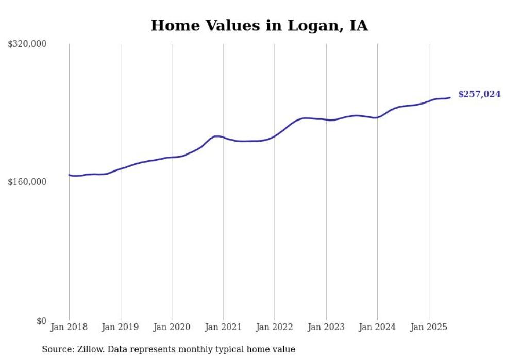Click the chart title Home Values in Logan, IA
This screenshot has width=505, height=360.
(x=259, y=26)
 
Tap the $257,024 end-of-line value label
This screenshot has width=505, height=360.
(x=479, y=94)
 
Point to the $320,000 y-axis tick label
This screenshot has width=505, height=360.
(x=27, y=44)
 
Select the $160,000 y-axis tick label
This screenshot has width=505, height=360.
(x=27, y=182)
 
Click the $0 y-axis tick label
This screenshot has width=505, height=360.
(x=41, y=321)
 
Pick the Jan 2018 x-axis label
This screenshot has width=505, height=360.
(x=69, y=327)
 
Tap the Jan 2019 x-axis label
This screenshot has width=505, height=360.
(x=121, y=327)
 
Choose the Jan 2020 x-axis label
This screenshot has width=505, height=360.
(x=172, y=327)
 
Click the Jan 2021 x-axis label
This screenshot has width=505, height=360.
(x=224, y=327)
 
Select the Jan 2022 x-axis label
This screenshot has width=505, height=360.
(x=275, y=327)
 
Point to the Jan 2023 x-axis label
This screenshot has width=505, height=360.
(x=326, y=327)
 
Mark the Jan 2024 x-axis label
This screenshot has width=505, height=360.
(x=378, y=327)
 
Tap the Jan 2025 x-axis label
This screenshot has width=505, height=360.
(x=429, y=327)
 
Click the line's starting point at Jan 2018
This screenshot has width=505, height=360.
(x=69, y=175)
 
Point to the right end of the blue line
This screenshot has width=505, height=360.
(x=450, y=97)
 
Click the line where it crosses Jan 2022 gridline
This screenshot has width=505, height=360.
(x=275, y=136)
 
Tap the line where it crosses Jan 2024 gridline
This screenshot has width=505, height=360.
(x=378, y=117)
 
